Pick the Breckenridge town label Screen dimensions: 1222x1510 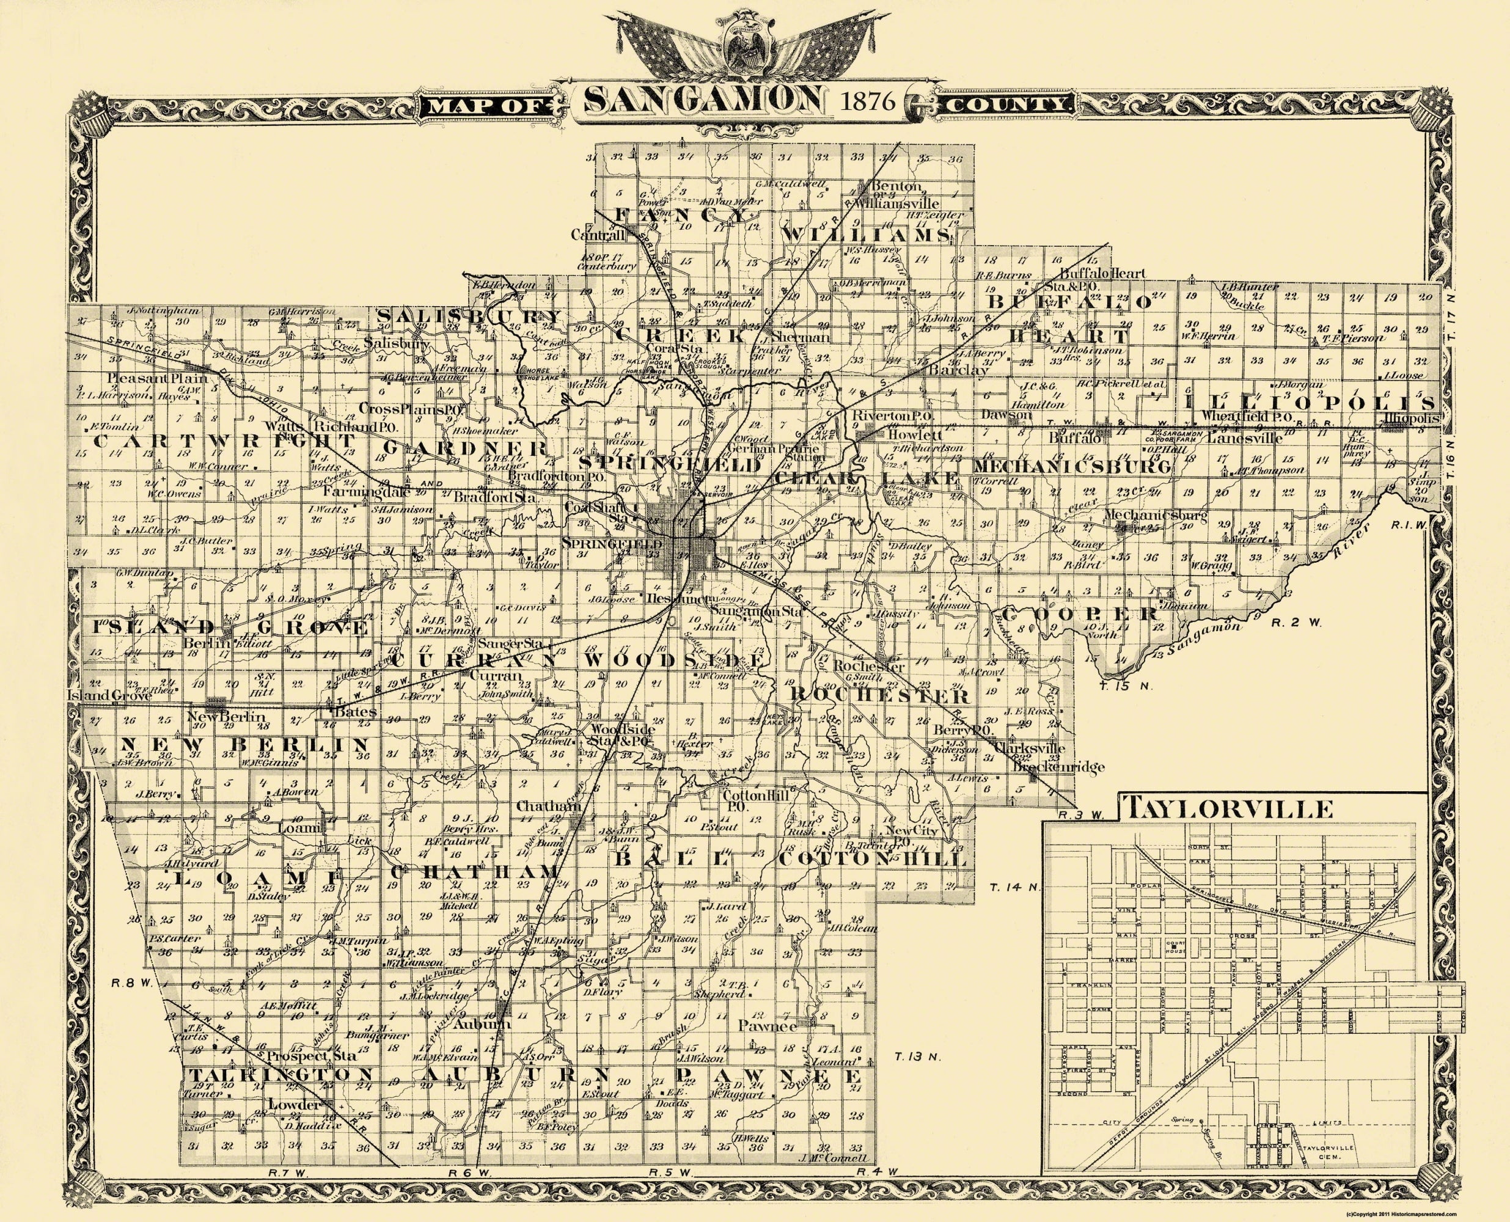point(1049,767)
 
